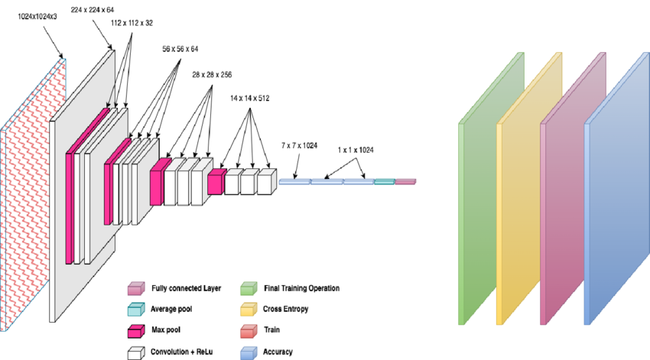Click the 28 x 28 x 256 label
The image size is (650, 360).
(212, 75)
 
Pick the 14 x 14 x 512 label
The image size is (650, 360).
(250, 99)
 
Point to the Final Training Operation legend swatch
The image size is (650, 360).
(249, 289)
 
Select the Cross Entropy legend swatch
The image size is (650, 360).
(249, 310)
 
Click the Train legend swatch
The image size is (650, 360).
(249, 332)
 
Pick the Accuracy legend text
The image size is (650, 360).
(278, 352)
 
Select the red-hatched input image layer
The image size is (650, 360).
(34, 191)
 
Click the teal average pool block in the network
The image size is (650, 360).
(384, 181)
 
